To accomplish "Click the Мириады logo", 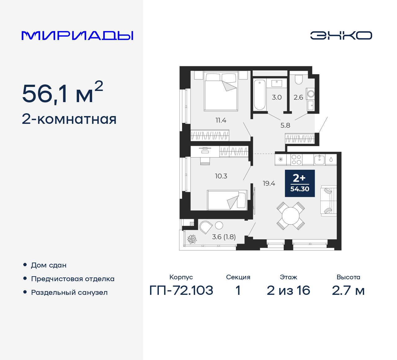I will [x=77, y=36].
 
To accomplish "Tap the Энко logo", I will [x=341, y=35].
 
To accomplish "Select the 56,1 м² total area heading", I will [x=62, y=93].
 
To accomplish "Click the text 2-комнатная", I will [x=69, y=119].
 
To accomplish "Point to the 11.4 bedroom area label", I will [x=221, y=120].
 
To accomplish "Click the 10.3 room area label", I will [x=221, y=176].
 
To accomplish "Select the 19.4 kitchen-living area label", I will [x=269, y=183].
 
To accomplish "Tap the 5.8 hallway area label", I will [x=285, y=125].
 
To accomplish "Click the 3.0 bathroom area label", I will [x=277, y=97].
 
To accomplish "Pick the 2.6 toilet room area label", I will [x=298, y=97].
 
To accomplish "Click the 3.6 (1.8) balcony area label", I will [x=224, y=237].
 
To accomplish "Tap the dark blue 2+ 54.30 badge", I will [x=300, y=183].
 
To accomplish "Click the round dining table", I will [x=291, y=216].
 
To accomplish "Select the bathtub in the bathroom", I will [x=260, y=95].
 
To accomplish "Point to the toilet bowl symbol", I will [x=298, y=79].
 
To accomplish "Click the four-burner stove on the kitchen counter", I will [x=296, y=160].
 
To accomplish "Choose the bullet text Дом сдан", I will [x=49, y=265].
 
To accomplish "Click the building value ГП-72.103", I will [x=181, y=290].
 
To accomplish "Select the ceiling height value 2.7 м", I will [x=348, y=290].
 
